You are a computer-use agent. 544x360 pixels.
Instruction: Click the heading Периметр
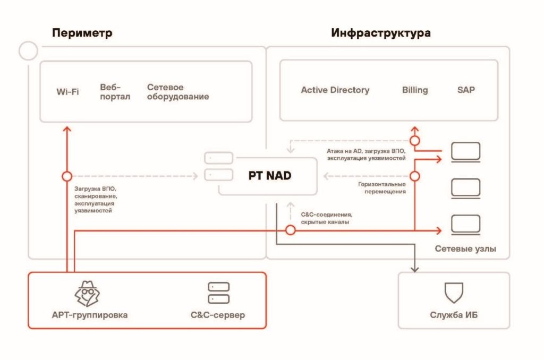point(82,33)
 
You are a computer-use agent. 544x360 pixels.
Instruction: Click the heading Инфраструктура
point(381,33)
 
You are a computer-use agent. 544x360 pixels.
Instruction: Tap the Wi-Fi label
point(67,92)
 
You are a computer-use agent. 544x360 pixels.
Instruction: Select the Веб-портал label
point(115,92)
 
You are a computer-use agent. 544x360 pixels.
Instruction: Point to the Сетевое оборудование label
point(178,92)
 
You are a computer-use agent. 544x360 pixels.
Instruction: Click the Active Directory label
point(335,90)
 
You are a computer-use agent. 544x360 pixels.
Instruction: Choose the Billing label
point(415,90)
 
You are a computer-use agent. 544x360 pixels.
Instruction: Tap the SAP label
point(466,90)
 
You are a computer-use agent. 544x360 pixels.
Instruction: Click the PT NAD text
point(270,176)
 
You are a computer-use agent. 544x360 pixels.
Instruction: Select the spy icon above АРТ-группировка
point(87,294)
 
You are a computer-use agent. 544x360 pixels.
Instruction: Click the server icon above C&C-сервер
point(218,293)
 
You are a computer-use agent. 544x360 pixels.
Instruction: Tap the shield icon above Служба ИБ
point(454,293)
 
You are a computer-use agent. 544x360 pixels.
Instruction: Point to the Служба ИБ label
point(454,315)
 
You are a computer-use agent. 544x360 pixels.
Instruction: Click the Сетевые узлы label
point(465,248)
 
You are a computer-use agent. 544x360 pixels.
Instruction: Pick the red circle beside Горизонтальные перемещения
point(415,176)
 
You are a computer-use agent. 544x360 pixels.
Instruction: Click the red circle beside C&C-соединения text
point(291,230)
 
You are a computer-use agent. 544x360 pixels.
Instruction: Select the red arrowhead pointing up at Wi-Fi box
point(67,129)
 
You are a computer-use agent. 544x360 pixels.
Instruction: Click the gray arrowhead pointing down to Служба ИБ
point(415,269)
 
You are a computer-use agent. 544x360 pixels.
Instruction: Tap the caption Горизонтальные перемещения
point(382,187)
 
